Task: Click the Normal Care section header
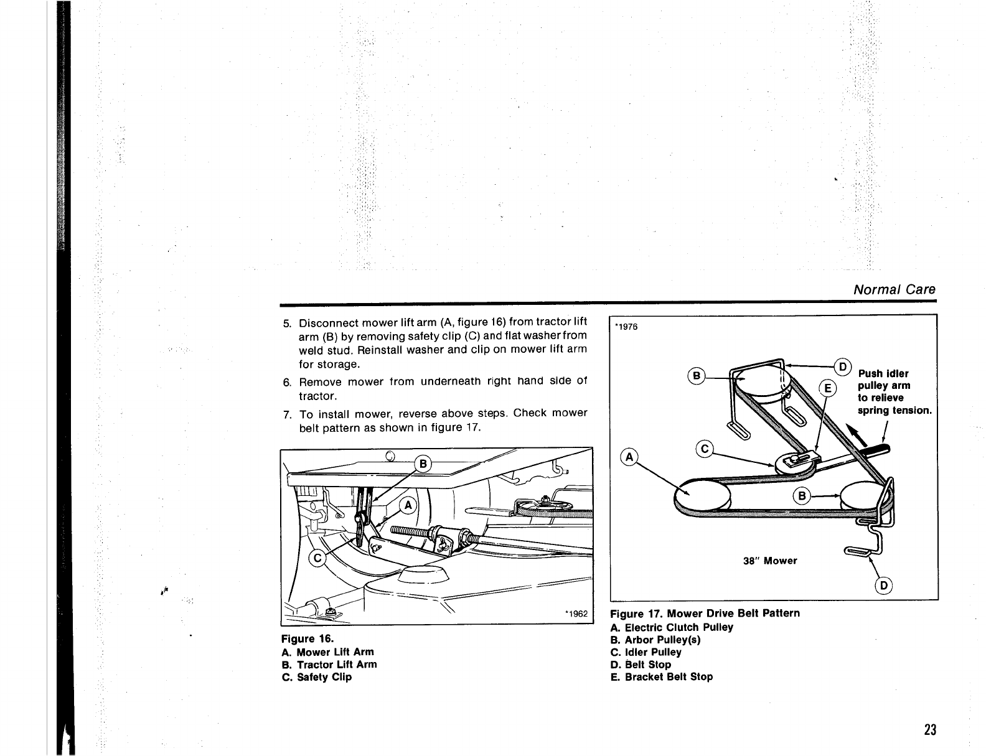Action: (894, 289)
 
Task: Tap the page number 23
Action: (930, 730)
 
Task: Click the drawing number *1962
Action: (576, 614)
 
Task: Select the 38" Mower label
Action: (770, 561)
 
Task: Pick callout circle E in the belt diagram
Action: (829, 389)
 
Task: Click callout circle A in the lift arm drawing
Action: (408, 506)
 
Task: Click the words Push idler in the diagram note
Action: (883, 373)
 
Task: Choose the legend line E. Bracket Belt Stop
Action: (662, 677)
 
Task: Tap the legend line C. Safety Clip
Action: (317, 677)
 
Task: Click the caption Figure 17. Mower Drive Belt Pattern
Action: (705, 614)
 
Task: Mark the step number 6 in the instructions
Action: (287, 381)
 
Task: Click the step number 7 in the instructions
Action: (287, 414)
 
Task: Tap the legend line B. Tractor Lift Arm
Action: (329, 665)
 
